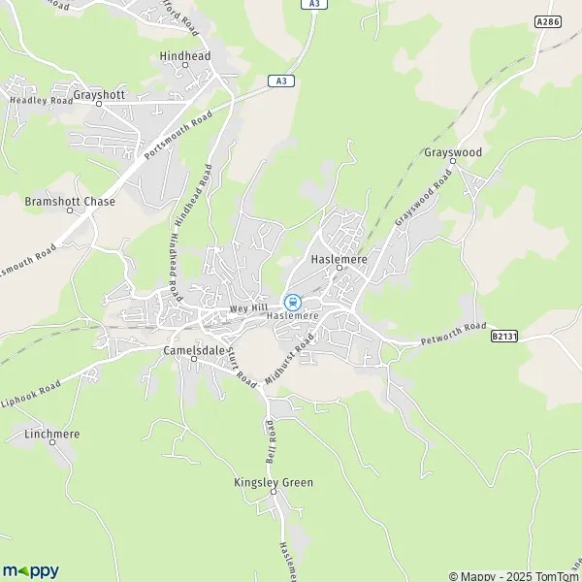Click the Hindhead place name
(x=184, y=56)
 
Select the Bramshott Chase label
(x=70, y=202)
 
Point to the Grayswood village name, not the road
(x=453, y=153)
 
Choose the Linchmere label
(x=52, y=433)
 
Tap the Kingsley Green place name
(x=274, y=482)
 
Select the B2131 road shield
(x=501, y=335)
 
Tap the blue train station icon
(x=292, y=302)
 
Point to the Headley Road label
(x=41, y=100)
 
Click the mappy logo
(x=31, y=570)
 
